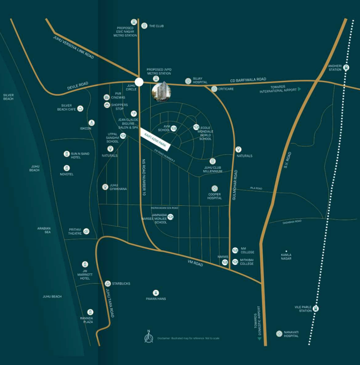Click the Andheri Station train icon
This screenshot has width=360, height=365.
346,68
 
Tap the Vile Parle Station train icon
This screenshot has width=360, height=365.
316,308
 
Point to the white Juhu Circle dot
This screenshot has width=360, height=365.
139,82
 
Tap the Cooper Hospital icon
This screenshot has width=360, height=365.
214,188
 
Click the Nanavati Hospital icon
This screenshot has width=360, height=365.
279,333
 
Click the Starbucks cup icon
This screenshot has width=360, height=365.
108,283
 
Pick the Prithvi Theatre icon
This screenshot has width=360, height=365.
86,231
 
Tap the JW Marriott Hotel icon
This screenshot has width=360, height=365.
85,264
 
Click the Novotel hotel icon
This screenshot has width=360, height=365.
67,168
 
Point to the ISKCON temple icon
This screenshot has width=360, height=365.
92,122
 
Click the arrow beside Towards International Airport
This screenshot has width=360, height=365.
299,89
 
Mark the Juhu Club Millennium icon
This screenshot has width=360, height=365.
213,161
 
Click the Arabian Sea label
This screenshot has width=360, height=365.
44,230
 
